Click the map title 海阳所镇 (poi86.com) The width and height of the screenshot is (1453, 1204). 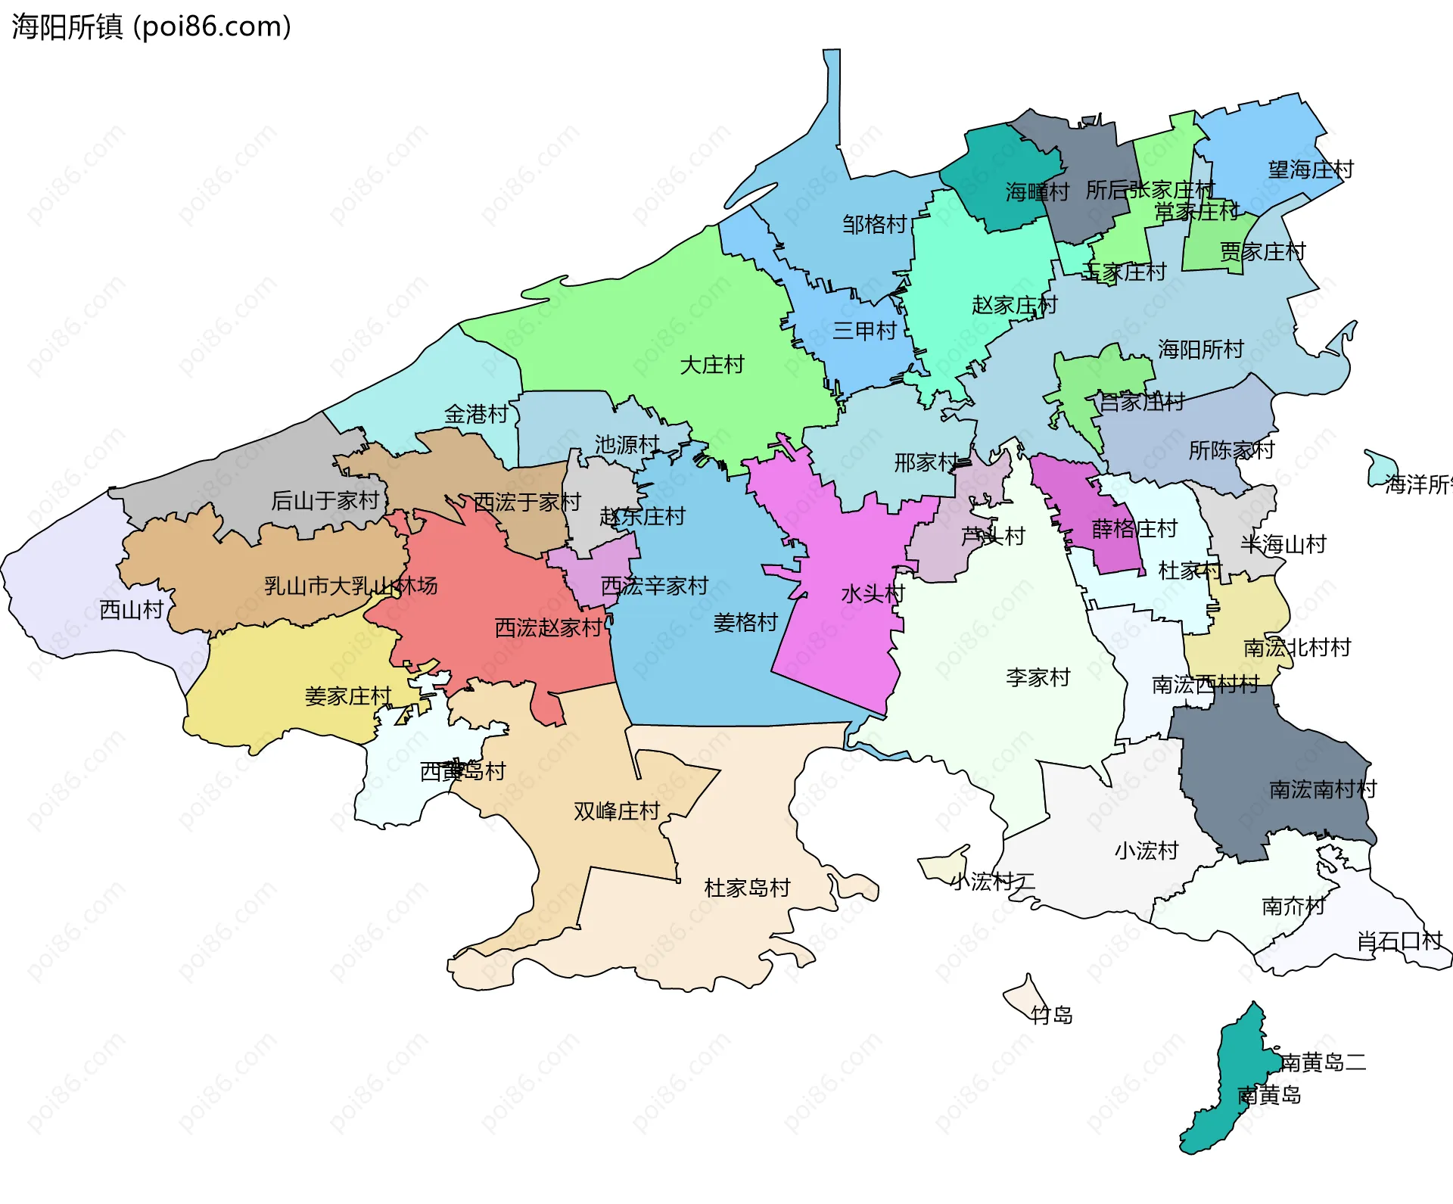tap(151, 27)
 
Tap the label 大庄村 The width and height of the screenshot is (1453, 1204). tap(711, 366)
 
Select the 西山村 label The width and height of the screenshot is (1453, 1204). tap(131, 610)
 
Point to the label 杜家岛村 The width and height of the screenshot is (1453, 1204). tap(747, 888)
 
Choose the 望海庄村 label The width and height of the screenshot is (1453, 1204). tap(1311, 170)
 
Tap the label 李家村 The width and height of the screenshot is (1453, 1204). tap(1038, 677)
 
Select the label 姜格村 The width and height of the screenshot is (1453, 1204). tap(745, 623)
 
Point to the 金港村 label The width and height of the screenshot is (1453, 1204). tap(476, 415)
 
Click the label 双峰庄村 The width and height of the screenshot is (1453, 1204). tap(617, 811)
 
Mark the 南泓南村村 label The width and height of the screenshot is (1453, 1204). tap(1323, 789)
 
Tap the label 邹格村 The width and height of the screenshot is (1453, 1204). tap(874, 225)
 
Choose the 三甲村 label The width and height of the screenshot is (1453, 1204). tap(864, 331)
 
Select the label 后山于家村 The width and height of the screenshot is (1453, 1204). tap(325, 500)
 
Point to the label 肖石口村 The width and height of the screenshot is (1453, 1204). tap(1399, 941)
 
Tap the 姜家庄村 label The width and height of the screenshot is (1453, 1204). tap(347, 696)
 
